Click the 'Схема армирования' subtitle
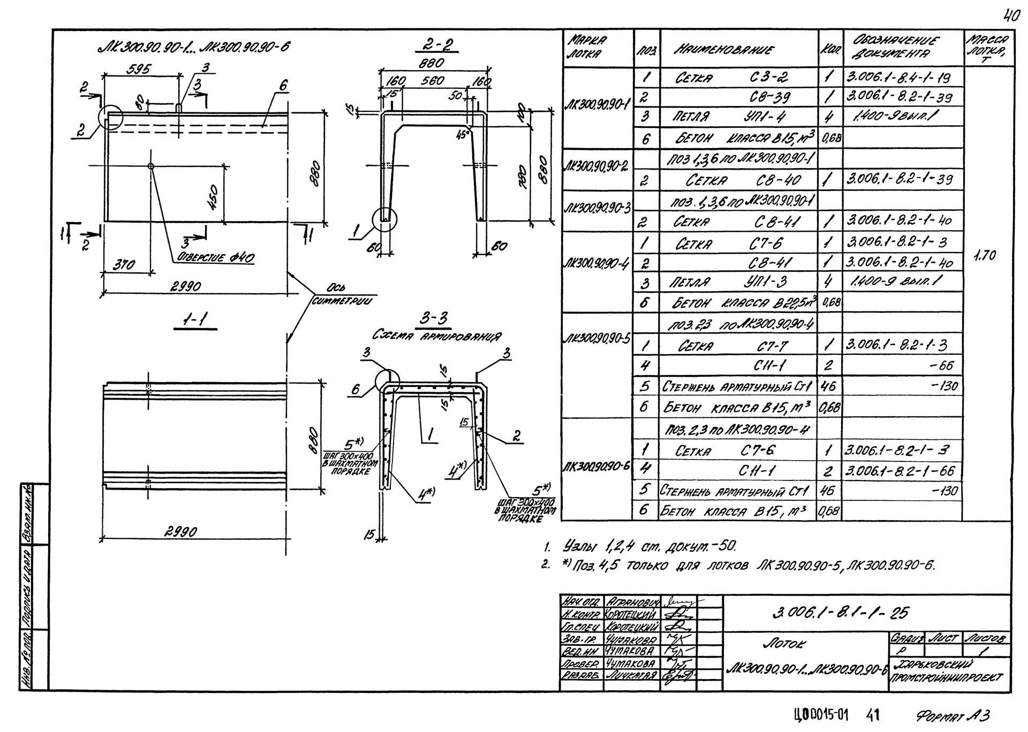point(436,336)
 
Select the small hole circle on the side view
point(151,166)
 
